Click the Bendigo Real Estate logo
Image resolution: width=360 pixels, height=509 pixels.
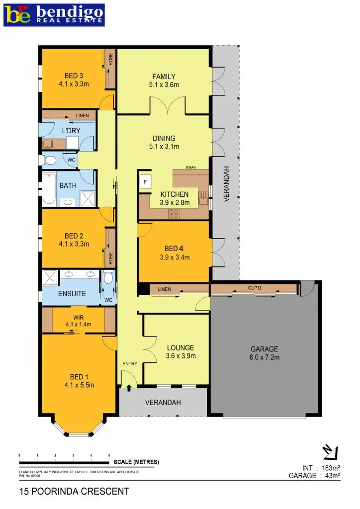click(54, 14)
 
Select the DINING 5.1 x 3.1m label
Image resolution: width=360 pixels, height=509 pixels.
click(164, 142)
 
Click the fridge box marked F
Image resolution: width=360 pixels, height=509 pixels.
click(145, 182)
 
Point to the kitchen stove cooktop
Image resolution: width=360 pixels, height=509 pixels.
click(174, 214)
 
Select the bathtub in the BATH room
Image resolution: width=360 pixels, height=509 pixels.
click(49, 189)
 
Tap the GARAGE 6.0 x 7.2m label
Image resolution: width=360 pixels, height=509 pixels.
click(264, 352)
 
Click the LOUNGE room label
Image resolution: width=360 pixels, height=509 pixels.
click(180, 351)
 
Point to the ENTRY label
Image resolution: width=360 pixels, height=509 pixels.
click(130, 364)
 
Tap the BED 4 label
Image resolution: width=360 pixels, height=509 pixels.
click(175, 253)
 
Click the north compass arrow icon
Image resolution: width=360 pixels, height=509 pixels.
click(330, 452)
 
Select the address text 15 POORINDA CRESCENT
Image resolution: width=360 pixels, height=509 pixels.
click(74, 492)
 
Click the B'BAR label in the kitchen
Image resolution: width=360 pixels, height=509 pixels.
click(191, 168)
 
